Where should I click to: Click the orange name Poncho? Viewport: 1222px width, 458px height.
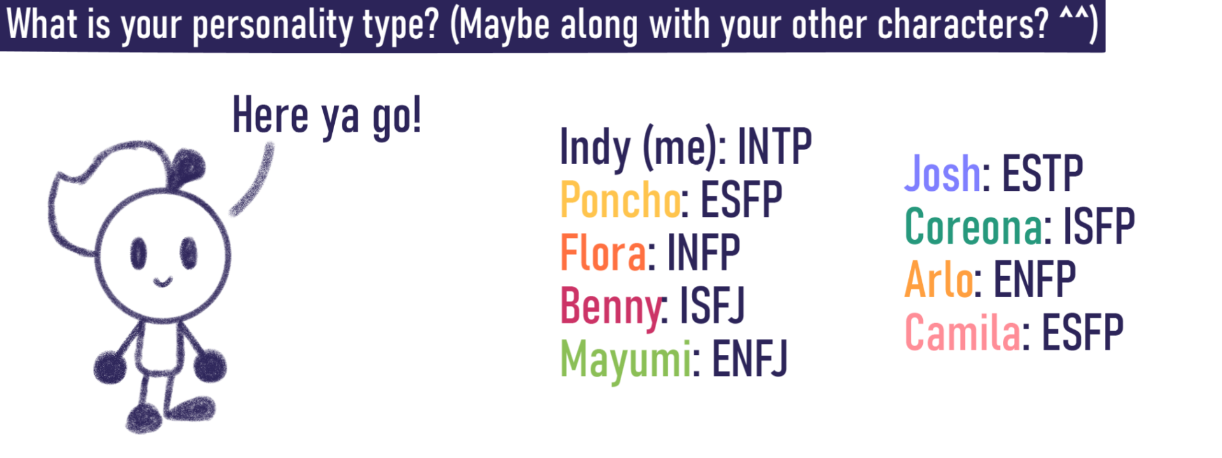click(621, 200)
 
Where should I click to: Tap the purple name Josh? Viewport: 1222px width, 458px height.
click(943, 172)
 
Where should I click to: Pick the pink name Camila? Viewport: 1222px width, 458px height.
click(963, 332)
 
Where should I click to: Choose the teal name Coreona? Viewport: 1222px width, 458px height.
click(974, 226)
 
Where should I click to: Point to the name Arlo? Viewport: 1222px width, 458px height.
click(939, 279)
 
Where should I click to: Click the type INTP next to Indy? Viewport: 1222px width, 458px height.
click(775, 146)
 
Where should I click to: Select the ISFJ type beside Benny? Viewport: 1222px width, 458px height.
click(712, 305)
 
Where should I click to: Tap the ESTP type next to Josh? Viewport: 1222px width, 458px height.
click(1043, 172)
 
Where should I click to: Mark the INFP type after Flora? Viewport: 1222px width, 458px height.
click(703, 253)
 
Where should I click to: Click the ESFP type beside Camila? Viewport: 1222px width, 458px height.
click(1083, 332)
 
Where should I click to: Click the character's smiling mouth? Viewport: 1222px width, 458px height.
click(163, 281)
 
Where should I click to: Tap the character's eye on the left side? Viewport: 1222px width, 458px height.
click(139, 253)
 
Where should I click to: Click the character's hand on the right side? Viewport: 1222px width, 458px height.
click(209, 366)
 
